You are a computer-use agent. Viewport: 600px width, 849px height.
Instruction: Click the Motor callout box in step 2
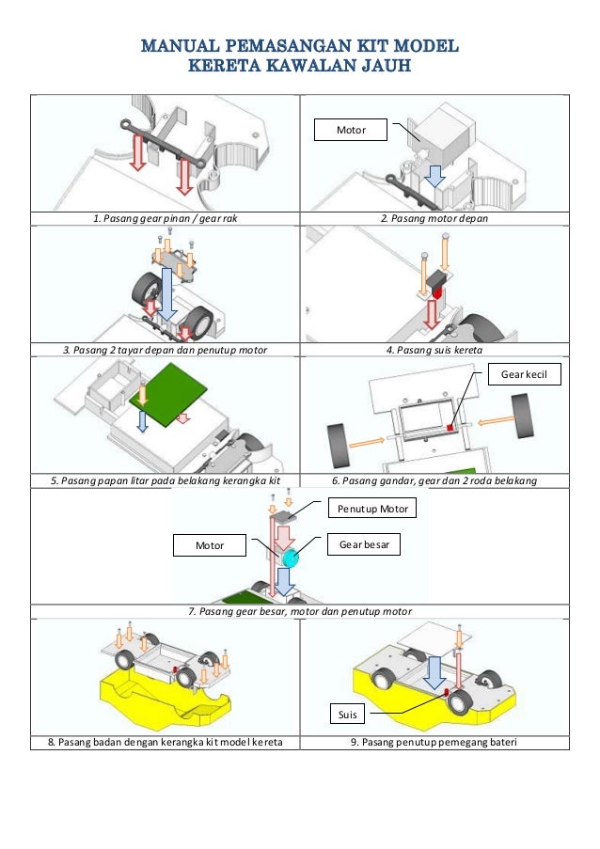pos(351,130)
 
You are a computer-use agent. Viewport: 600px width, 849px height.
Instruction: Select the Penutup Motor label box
pos(371,510)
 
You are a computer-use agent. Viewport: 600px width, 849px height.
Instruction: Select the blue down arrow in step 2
pos(434,178)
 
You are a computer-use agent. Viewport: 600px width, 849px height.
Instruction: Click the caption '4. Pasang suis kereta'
pos(434,351)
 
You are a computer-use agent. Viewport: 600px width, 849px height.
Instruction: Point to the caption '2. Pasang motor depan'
pos(434,219)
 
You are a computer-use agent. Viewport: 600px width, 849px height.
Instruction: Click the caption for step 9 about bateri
pos(434,742)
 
